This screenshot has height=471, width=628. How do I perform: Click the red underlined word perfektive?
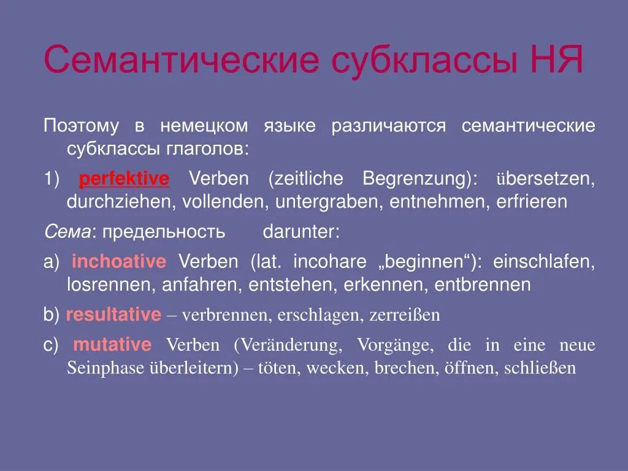[124, 179]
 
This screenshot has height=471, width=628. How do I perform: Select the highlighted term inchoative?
[119, 262]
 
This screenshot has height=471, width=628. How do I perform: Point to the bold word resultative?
[113, 315]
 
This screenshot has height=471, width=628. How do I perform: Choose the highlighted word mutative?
[112, 345]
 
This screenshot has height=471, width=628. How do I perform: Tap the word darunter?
[301, 232]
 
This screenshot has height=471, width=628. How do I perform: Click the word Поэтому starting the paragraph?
[80, 126]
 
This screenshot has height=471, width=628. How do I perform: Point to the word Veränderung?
[288, 345]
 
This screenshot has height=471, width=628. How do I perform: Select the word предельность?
[164, 232]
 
